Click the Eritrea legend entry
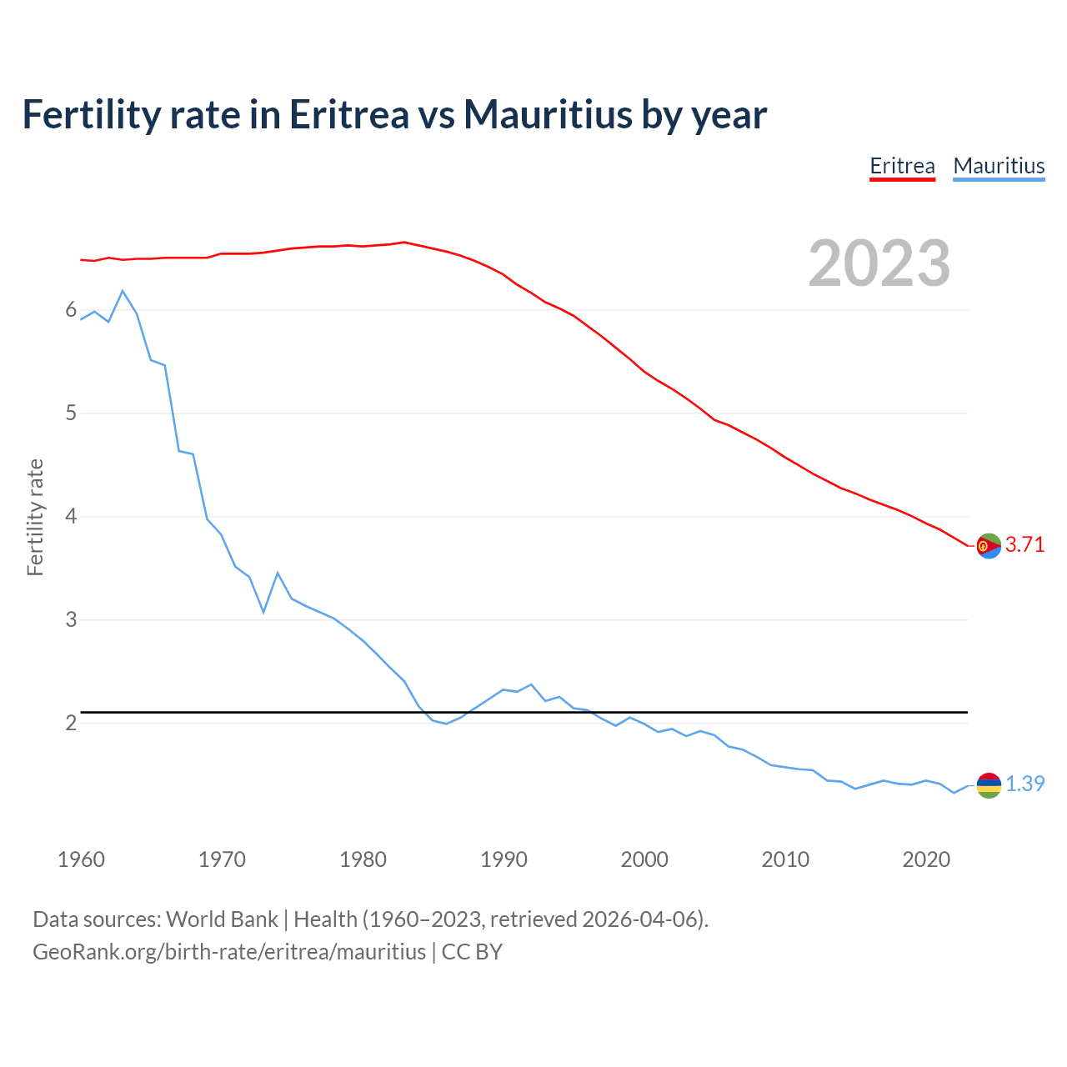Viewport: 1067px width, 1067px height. click(x=902, y=166)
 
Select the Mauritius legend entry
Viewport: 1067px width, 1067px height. click(x=999, y=166)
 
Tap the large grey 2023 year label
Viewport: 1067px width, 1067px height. click(x=879, y=263)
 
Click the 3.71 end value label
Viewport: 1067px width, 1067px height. click(x=1024, y=545)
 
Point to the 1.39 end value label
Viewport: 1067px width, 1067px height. click(x=1024, y=784)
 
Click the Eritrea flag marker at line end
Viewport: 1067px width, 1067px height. click(x=989, y=546)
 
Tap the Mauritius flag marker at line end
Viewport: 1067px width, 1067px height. click(x=989, y=785)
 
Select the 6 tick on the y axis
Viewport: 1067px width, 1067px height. click(x=71, y=310)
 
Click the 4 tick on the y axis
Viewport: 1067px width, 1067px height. click(x=71, y=517)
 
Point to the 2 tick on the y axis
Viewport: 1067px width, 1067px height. click(x=71, y=723)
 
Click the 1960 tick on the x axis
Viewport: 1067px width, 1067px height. click(x=81, y=859)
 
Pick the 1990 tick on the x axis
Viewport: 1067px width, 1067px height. click(x=503, y=859)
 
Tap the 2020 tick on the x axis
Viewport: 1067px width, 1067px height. click(x=926, y=859)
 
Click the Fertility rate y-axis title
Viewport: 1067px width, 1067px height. click(x=35, y=517)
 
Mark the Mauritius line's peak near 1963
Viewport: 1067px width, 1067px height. click(x=123, y=291)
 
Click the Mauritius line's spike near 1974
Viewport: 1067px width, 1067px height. click(x=278, y=573)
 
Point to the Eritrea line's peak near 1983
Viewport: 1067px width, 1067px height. click(x=404, y=243)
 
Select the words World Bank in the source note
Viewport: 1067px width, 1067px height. click(x=222, y=919)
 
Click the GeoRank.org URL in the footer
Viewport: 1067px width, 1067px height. click(x=229, y=952)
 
